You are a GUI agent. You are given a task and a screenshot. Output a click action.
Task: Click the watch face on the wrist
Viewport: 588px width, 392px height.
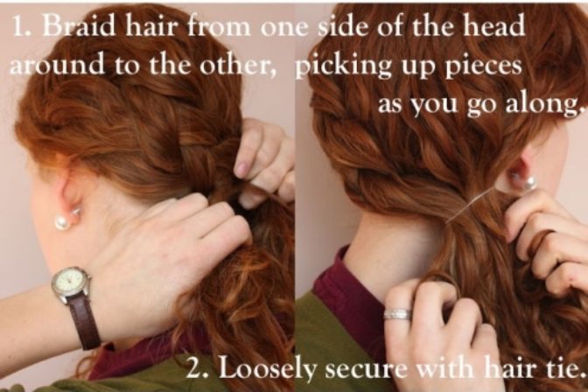[71, 281]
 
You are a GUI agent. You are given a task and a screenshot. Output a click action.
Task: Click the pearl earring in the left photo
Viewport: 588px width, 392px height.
[62, 221]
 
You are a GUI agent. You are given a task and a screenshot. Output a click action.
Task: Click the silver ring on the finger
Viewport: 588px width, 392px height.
[397, 314]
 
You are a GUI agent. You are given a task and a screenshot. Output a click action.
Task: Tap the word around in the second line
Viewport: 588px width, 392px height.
[56, 66]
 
